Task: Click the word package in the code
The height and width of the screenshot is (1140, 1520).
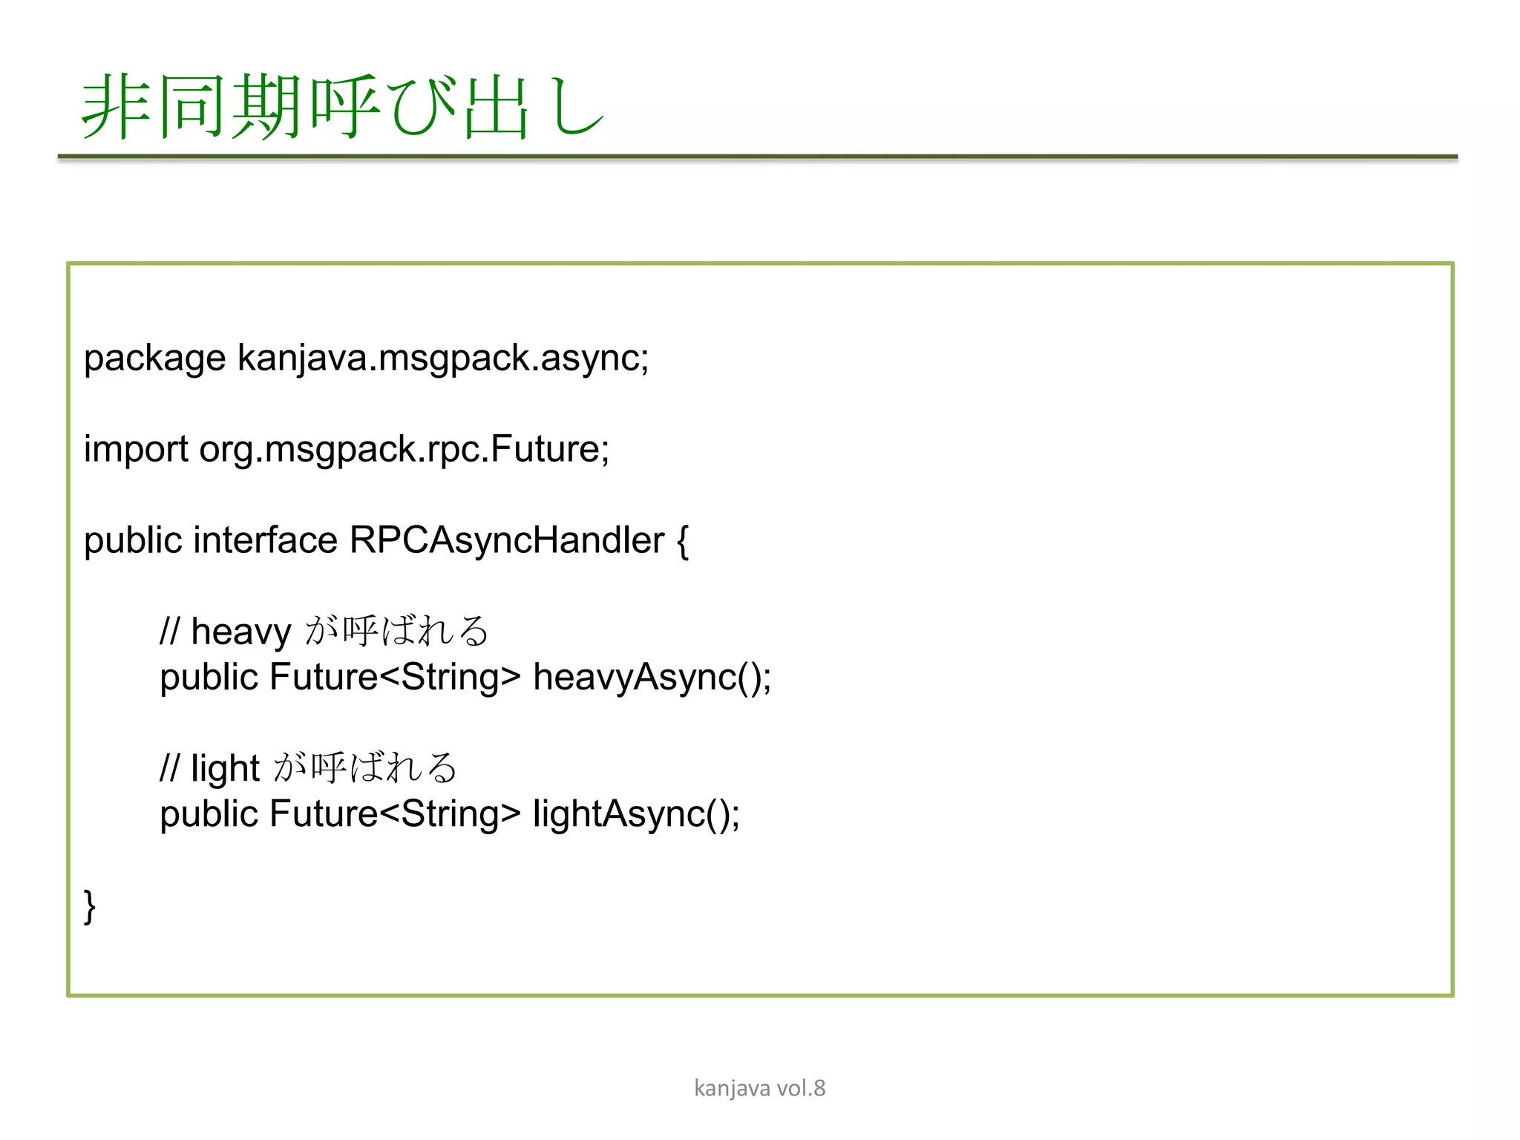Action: click(154, 359)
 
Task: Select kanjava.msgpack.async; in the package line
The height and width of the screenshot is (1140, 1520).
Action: click(443, 359)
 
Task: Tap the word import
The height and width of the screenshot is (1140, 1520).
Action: click(136, 450)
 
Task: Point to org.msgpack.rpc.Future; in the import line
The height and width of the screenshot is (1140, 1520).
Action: click(404, 450)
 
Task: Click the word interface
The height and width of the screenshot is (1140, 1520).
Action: click(265, 540)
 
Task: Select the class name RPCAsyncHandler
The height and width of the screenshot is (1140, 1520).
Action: click(507, 540)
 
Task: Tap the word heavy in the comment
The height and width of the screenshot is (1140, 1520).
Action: click(240, 632)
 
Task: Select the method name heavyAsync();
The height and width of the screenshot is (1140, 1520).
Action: click(652, 678)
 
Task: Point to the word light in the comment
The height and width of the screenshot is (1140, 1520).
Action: click(225, 769)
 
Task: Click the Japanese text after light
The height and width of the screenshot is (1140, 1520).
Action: click(365, 767)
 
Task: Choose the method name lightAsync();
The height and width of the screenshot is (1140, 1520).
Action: click(636, 814)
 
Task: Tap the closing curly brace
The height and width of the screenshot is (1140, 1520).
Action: click(90, 906)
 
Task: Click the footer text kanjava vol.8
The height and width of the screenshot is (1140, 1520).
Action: click(759, 1088)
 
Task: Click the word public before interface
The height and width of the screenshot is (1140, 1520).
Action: click(133, 540)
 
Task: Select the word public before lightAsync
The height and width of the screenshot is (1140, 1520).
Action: click(209, 814)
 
